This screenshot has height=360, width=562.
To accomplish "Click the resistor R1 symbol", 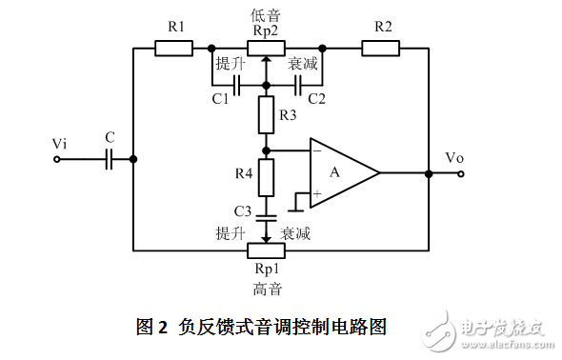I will point(173,47).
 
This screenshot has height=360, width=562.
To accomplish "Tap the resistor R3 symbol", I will point(267,118).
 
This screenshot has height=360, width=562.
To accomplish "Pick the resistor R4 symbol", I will point(267,177).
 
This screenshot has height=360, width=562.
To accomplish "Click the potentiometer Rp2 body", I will point(267,47).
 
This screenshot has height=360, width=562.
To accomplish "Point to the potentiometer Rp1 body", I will point(267,250).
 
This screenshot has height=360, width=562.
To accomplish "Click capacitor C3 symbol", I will point(267,213).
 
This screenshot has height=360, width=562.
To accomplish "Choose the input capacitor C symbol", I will point(110,160).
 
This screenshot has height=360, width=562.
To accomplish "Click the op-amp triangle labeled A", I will point(344,172).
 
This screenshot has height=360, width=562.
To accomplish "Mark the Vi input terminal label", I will point(60,143).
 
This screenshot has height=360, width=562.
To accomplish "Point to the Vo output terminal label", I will point(455,156).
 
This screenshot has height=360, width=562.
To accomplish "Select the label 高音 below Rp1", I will point(267,287).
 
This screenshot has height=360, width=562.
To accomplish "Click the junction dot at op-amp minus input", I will point(267,150).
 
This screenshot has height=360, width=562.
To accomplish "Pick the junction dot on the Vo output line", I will point(429,173).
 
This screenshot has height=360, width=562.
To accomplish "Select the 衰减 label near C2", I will point(304,64).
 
